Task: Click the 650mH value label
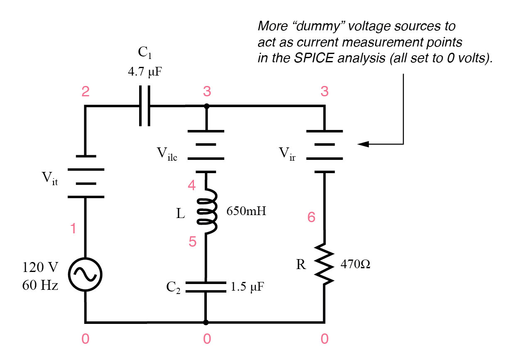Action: [x=246, y=211]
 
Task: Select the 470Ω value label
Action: [x=355, y=264]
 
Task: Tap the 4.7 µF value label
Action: [x=144, y=71]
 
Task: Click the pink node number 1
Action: [x=73, y=228]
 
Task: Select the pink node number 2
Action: [x=85, y=92]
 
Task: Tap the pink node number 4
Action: [x=191, y=186]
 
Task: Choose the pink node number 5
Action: [x=192, y=242]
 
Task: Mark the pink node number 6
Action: [x=311, y=217]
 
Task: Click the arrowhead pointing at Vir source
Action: [x=363, y=144]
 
